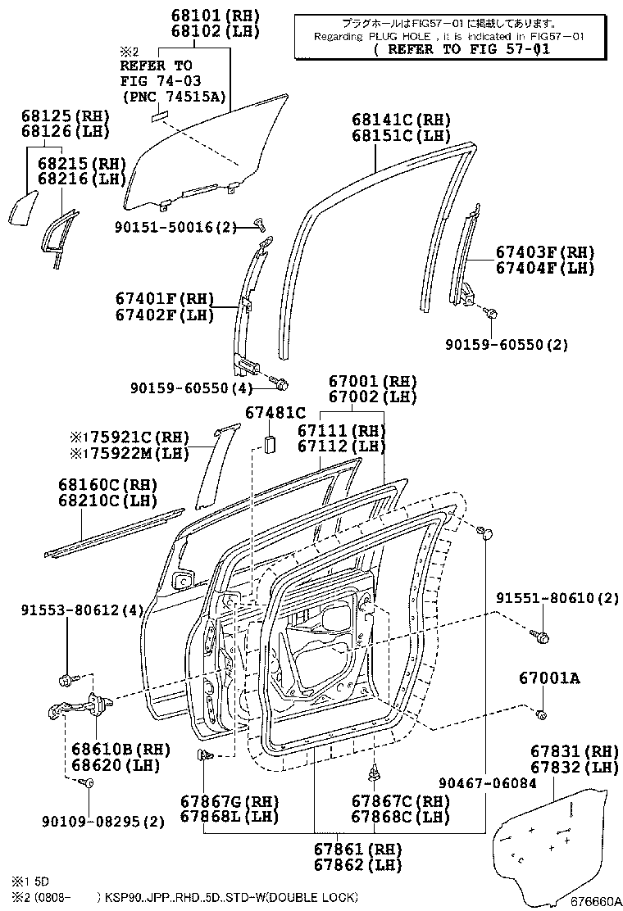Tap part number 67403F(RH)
pos(544,252)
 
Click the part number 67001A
pos(548,678)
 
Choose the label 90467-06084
pos(487,783)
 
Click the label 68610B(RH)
pos(108,749)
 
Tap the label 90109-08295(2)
pos(114,821)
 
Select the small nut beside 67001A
pos(542,716)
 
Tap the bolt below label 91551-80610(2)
pos(543,636)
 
